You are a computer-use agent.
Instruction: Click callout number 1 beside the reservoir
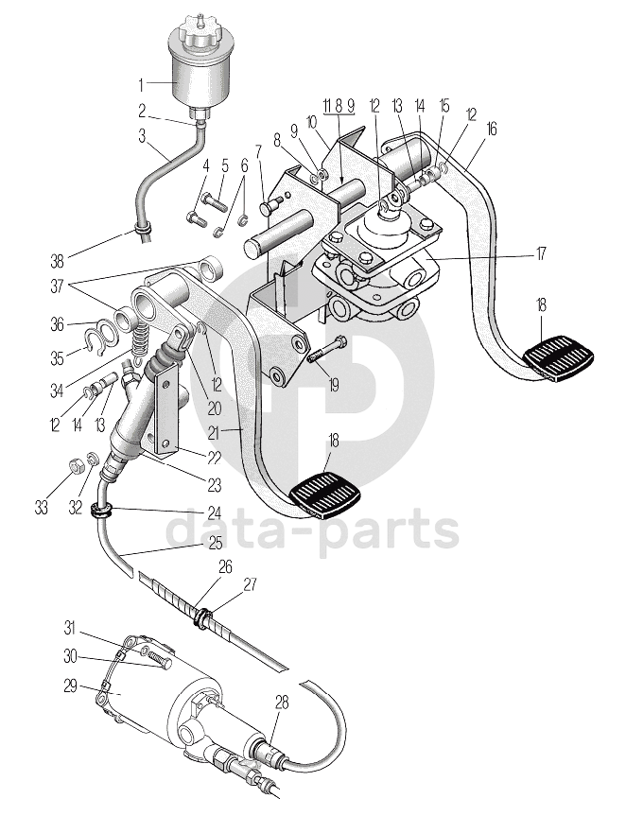point(143,82)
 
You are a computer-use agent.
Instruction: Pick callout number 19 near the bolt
point(332,386)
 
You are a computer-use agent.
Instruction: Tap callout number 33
point(41,508)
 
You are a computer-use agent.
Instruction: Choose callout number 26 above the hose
point(225,566)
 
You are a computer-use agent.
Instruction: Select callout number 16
point(491,129)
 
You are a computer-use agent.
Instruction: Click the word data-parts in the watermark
point(312,530)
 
